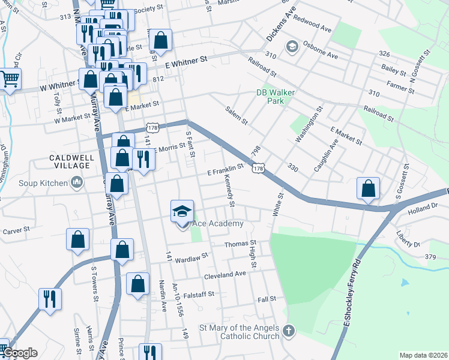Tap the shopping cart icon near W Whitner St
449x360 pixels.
point(10,79)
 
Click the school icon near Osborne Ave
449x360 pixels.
point(292,47)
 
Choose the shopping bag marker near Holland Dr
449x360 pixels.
point(368,188)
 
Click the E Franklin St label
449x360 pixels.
point(225,170)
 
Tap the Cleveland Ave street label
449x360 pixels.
point(225,274)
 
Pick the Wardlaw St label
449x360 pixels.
point(191,254)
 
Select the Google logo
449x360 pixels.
point(19,353)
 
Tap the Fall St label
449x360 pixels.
point(267,299)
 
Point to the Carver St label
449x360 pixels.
point(16,230)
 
